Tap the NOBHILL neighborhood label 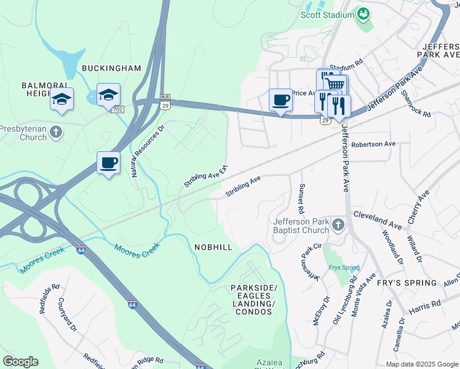pyautogui.click(x=213, y=247)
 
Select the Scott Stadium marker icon pyautogui.click(x=363, y=14)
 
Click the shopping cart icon pyautogui.click(x=335, y=84)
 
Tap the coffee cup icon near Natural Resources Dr pyautogui.click(x=108, y=163)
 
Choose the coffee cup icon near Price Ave pyautogui.click(x=280, y=100)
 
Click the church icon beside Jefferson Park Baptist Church pyautogui.click(x=338, y=226)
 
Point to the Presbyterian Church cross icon pyautogui.click(x=55, y=132)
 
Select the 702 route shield pyautogui.click(x=117, y=109)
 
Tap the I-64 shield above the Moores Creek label pyautogui.click(x=81, y=250)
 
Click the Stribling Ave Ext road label pyautogui.click(x=207, y=177)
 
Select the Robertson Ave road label pyautogui.click(x=373, y=145)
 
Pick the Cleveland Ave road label pyautogui.click(x=378, y=220)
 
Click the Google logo pyautogui.click(x=20, y=362)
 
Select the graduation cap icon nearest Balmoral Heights pyautogui.click(x=61, y=99)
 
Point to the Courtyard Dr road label pyautogui.click(x=68, y=311)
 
